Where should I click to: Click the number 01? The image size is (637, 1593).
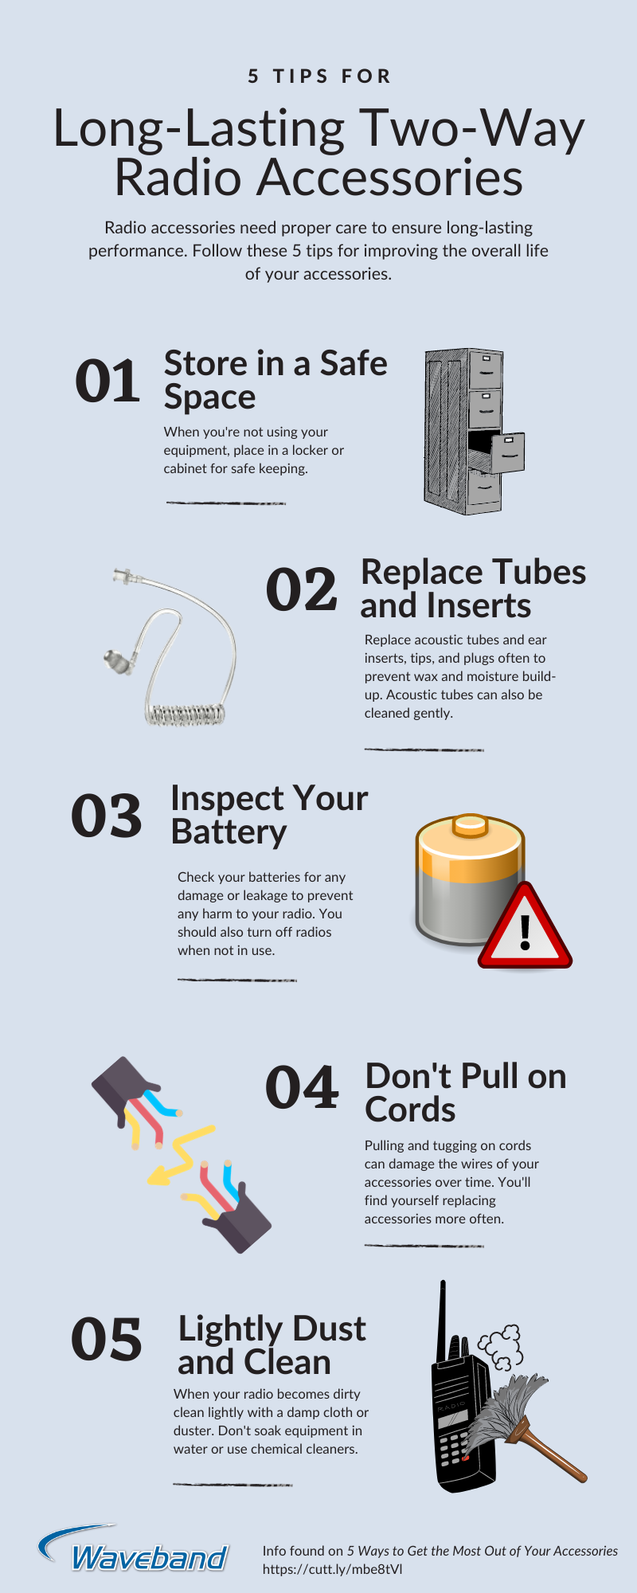[x=107, y=382]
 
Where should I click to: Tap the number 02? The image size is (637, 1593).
[x=301, y=590]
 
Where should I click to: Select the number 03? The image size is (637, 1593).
[x=107, y=816]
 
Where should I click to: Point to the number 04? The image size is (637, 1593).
[x=302, y=1088]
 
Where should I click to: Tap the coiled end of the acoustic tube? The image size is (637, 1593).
[x=185, y=714]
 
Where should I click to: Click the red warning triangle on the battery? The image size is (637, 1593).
[x=525, y=926]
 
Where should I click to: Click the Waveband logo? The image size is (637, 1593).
[x=134, y=1549]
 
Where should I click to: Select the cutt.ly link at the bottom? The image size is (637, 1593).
[x=333, y=1569]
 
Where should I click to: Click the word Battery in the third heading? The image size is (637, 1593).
[x=229, y=832]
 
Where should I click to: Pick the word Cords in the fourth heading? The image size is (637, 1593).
[x=410, y=1110]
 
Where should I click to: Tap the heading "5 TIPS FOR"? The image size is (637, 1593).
[x=319, y=76]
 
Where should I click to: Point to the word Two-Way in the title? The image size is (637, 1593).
[x=471, y=129]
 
